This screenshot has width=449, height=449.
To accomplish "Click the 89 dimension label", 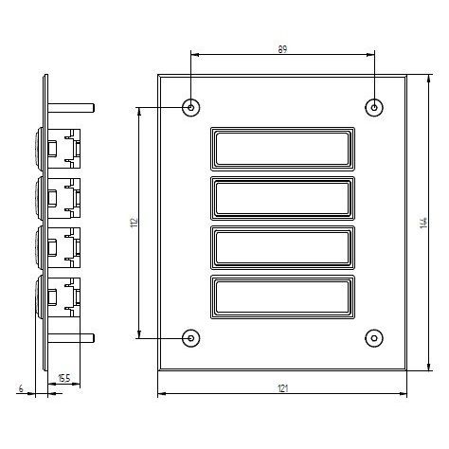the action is click(x=282, y=49).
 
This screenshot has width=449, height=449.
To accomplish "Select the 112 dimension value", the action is click(x=135, y=223).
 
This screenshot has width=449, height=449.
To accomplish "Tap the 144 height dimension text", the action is click(x=424, y=223).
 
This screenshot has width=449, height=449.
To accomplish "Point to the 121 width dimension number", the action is click(x=283, y=388).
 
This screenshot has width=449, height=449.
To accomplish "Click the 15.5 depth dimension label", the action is click(x=64, y=378).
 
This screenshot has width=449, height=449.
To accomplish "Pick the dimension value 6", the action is click(x=21, y=388).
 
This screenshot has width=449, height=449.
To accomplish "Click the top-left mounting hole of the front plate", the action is click(x=190, y=108).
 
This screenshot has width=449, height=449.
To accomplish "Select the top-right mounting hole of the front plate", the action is click(x=374, y=108).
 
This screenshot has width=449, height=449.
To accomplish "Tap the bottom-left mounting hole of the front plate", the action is click(x=190, y=338).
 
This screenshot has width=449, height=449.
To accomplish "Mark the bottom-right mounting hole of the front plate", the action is click(x=374, y=338).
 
